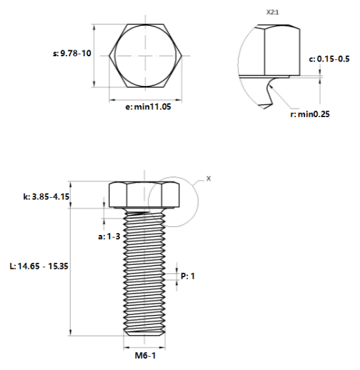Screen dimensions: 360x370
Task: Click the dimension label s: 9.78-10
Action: point(71,54)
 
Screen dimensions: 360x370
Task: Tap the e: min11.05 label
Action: point(148,107)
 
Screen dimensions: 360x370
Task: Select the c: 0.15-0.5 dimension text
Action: point(329,59)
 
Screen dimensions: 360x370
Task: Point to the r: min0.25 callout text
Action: point(310,115)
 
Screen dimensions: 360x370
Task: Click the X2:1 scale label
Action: point(273,13)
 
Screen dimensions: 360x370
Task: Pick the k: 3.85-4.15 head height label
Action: point(46,197)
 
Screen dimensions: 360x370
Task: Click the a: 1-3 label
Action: point(109,236)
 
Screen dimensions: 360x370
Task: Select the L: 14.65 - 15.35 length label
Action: point(39,266)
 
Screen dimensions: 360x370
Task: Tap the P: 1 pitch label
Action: point(188,276)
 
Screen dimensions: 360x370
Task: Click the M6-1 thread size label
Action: point(146,355)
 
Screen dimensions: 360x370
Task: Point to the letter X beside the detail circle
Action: point(208,179)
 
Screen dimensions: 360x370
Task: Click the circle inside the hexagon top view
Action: point(115,56)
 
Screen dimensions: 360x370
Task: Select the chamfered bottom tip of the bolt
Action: point(144,333)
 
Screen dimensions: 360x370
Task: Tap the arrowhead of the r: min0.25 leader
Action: point(271,86)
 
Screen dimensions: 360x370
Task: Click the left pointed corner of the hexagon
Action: point(109,56)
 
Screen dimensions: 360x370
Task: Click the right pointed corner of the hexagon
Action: point(182,56)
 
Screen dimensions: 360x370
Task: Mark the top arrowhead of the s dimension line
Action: point(95,27)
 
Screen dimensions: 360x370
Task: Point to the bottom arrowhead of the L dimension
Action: point(70,332)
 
